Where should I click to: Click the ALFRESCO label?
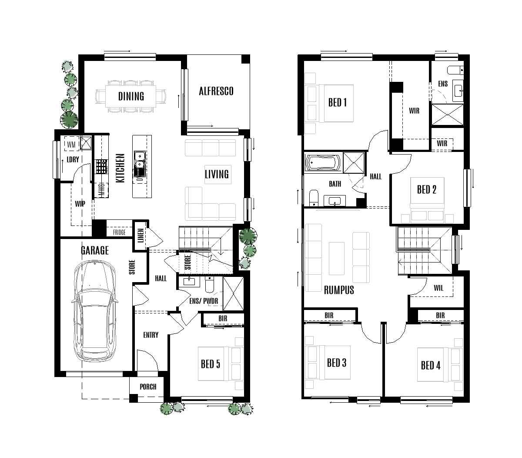coord(216,91)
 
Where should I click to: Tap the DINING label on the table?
coord(131,96)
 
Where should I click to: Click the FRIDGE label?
coord(119,232)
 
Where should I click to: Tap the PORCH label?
coord(148,387)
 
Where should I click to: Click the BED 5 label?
coord(210,364)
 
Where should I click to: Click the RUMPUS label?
coord(339,290)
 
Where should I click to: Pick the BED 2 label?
coord(426,189)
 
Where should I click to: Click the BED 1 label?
coord(337,103)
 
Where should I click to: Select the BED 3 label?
coord(336,363)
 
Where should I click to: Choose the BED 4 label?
coord(430,365)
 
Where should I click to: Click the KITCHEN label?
coord(120,168)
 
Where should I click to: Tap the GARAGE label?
coord(94,251)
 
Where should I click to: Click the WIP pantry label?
coord(80,203)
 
